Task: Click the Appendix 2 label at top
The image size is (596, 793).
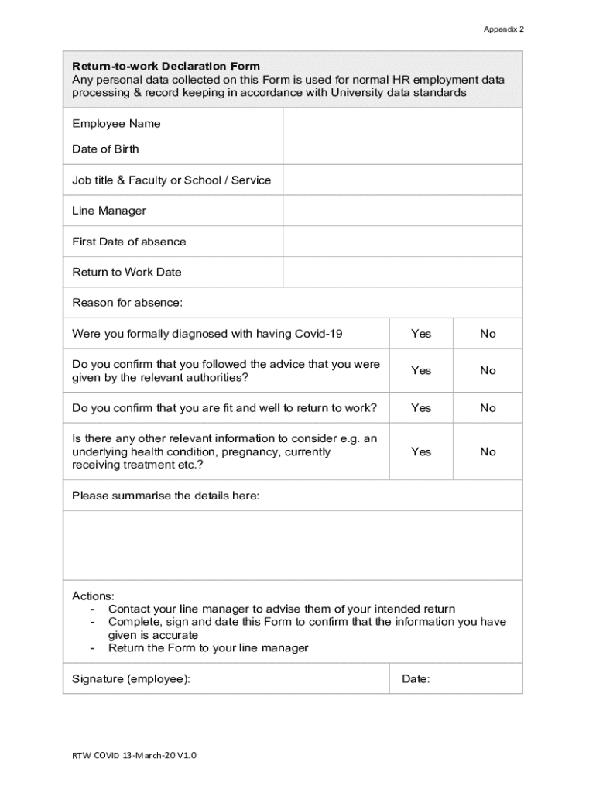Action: click(x=503, y=29)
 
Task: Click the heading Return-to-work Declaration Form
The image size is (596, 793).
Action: click(x=166, y=66)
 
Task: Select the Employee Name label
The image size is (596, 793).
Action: click(x=116, y=124)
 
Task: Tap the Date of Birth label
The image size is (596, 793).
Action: click(x=105, y=149)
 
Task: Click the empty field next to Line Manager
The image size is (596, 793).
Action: click(x=402, y=211)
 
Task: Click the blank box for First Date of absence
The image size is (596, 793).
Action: click(x=402, y=242)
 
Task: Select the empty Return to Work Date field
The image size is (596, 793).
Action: click(x=402, y=272)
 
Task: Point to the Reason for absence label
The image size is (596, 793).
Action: click(x=127, y=302)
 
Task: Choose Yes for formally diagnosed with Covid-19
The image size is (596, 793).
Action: click(x=421, y=334)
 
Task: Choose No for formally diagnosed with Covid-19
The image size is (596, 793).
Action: click(x=488, y=334)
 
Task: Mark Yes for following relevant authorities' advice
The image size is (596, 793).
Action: click(x=421, y=370)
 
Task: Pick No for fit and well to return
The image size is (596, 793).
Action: click(x=488, y=408)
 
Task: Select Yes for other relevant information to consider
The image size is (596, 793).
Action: click(x=421, y=451)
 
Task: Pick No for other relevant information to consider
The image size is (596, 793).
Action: click(x=488, y=451)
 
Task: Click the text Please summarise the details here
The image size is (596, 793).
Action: click(x=166, y=496)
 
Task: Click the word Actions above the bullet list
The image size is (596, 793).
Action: click(x=93, y=596)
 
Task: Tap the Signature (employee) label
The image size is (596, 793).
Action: click(x=131, y=679)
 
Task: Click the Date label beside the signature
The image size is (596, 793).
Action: click(x=416, y=679)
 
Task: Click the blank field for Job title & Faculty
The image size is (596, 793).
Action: click(x=402, y=180)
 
